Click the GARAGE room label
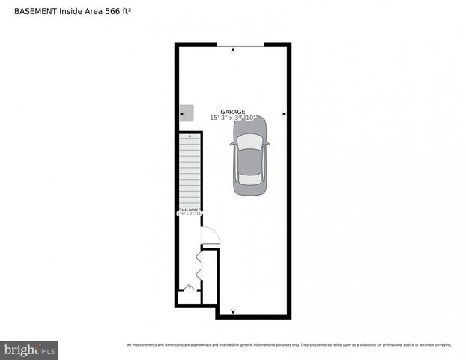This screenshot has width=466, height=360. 232,112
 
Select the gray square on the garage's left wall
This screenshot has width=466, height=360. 187,113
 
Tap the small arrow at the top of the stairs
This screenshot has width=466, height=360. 190,136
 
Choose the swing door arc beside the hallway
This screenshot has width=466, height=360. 209,235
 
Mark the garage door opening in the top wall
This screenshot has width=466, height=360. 240,46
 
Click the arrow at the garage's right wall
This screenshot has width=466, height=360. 284,114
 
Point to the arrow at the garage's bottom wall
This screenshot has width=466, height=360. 233,311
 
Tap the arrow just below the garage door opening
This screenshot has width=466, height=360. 233,51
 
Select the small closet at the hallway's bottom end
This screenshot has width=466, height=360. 189,295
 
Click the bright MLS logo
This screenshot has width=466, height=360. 29,350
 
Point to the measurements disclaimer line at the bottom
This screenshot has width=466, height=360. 289,345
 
